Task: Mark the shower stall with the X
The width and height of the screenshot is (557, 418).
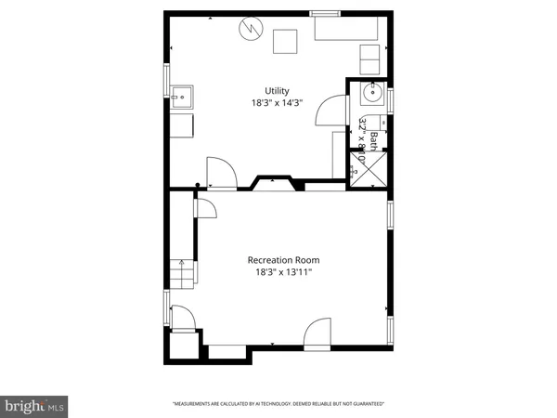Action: point(369,168)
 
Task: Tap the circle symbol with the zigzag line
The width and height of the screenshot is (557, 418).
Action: point(249,31)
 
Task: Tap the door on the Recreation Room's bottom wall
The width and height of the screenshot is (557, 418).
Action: point(317,332)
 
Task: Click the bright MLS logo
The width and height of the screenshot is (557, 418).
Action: point(34,405)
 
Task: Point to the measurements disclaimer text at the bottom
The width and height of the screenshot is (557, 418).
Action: point(278,404)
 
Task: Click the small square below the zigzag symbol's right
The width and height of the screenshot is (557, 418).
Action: point(285,42)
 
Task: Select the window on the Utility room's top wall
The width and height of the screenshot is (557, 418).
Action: point(324,13)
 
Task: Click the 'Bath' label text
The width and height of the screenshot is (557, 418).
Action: point(373,140)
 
